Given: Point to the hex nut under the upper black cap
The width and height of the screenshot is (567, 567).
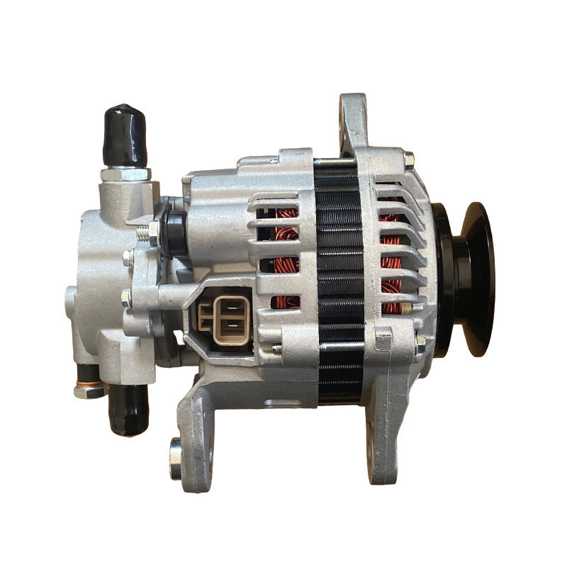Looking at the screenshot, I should tap(125, 174).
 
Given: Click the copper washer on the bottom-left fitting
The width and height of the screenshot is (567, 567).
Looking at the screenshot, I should tap(89, 391).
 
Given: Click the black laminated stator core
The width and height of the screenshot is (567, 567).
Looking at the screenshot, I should tap(339, 283).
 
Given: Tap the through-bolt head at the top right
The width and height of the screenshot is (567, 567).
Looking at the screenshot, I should tap(409, 159).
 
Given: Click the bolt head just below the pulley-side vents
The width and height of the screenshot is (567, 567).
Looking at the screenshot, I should tap(420, 344).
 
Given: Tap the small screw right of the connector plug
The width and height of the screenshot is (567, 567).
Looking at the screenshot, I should tap(276, 348).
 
